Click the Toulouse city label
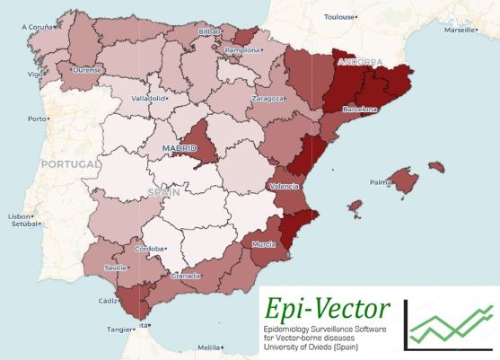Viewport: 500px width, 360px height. pos(340,16)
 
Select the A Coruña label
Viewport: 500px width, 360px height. pos(38,27)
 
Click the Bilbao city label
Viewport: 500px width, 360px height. pos(207,31)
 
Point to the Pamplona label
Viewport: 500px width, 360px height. pos(243,51)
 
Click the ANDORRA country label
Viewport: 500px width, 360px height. pos(358,63)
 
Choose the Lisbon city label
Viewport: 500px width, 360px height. pos(20,216)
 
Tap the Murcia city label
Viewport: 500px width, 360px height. pos(263,244)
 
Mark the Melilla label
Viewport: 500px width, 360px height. pos(208,347)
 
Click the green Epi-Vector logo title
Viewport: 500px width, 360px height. pos(329,310)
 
